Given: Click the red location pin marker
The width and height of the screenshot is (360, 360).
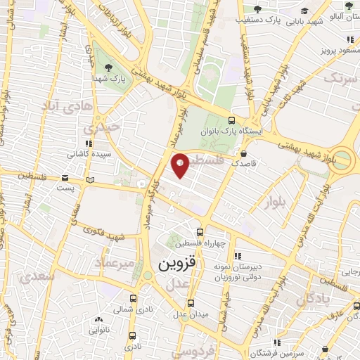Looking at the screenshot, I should tap(181, 165).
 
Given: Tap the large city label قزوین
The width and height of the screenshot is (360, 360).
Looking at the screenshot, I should tap(171, 265).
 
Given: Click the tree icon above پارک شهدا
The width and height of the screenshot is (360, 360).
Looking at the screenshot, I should tap(108, 67).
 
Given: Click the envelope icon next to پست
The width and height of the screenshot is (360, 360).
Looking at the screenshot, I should tap(65, 177).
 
